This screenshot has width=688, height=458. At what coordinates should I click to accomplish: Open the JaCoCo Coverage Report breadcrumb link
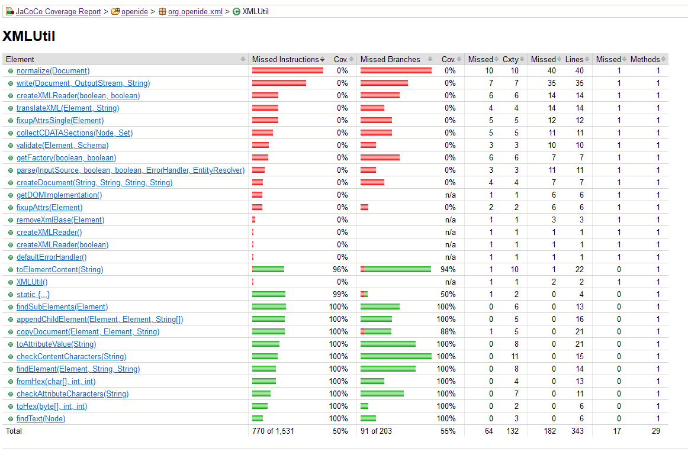58,11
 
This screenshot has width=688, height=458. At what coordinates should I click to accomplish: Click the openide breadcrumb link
134,11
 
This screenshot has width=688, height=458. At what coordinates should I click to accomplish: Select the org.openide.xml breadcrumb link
195,11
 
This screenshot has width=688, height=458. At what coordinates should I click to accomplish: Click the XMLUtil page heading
28,36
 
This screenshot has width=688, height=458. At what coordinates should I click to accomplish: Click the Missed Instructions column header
285,59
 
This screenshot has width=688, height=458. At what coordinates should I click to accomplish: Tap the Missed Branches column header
390,59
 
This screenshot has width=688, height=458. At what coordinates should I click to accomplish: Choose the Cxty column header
510,59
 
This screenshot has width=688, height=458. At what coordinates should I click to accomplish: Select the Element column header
20,59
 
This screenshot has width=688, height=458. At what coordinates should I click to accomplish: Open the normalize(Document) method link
53,70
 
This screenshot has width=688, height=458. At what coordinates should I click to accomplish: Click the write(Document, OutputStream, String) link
83,83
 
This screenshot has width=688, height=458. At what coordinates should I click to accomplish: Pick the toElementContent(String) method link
59,269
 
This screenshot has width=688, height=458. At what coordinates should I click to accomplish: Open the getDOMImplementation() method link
59,195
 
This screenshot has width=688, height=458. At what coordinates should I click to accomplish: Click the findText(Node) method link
41,418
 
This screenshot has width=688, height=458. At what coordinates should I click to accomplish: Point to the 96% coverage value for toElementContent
340,269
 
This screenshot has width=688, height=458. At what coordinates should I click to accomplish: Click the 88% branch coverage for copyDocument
448,331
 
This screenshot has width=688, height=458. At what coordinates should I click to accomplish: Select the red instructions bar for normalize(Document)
287,70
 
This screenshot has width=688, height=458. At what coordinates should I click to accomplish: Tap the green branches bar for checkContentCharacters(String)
396,356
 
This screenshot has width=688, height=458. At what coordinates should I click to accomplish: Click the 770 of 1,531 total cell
273,431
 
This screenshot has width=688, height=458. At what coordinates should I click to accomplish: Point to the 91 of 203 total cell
376,431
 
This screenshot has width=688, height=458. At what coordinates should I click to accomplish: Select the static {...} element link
33,294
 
